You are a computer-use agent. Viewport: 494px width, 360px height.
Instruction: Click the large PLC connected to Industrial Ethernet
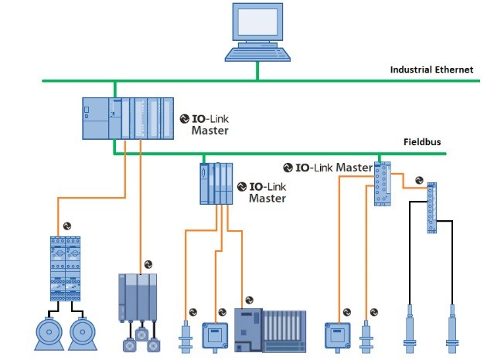pos(128,117)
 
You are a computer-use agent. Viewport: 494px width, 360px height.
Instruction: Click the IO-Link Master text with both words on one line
pos(328,167)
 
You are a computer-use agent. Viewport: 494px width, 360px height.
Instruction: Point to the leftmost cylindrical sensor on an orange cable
pos(185,335)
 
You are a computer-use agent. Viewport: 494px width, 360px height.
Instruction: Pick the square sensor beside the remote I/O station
pos(213,334)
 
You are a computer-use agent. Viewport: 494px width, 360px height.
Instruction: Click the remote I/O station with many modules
pos(270,330)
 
